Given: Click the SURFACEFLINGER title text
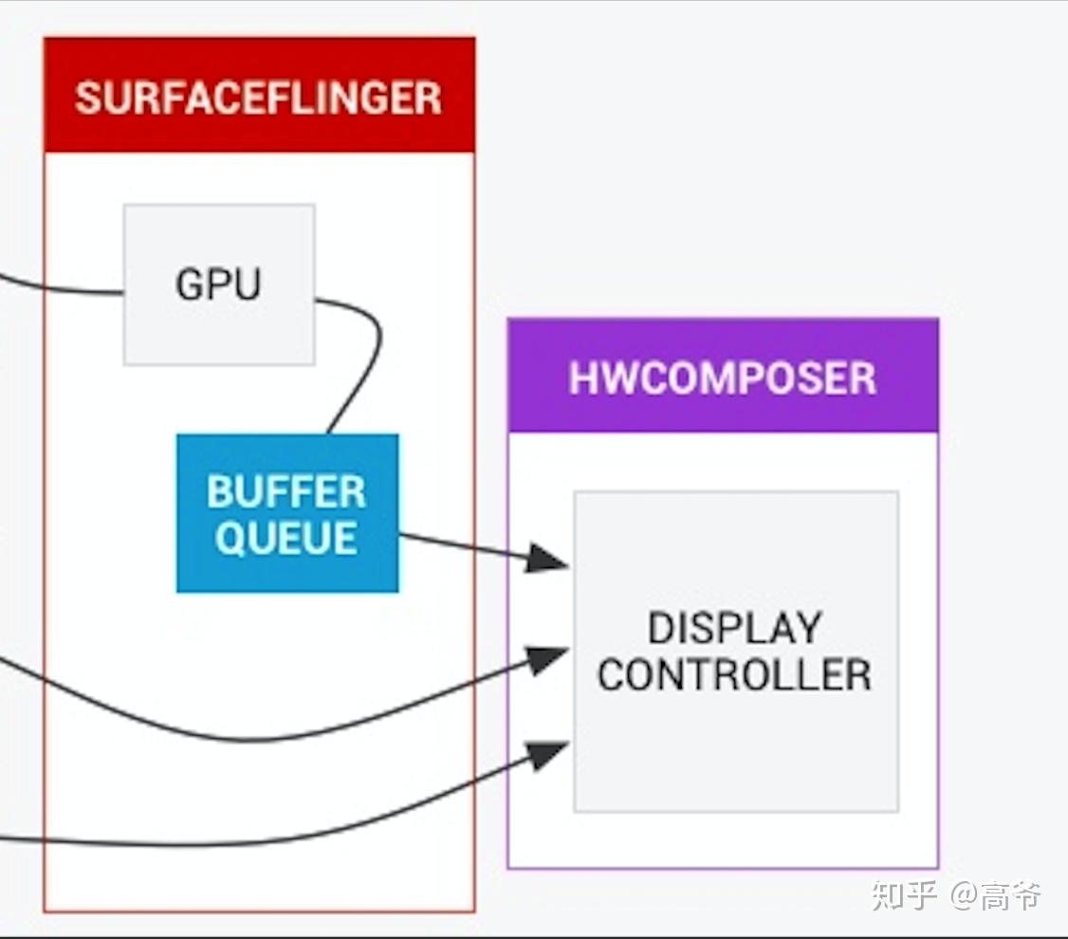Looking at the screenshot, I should (258, 98).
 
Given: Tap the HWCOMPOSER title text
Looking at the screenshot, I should (722, 378).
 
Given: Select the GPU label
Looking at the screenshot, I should (218, 285).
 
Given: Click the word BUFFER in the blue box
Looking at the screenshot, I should (285, 492).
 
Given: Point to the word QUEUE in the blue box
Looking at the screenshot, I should (285, 538).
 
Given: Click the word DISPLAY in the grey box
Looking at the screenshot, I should (734, 629).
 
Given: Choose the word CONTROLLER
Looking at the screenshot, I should (734, 674).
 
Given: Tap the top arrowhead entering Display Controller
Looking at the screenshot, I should (545, 559).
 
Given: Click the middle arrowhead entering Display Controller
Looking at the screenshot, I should (545, 659).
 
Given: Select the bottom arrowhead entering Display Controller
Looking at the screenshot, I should (545, 755).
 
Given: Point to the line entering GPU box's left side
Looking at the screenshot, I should (66, 290).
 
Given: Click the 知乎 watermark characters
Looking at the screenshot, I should (904, 894).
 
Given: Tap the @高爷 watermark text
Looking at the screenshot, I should (996, 894).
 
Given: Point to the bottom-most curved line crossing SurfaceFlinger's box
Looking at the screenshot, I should (237, 842).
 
